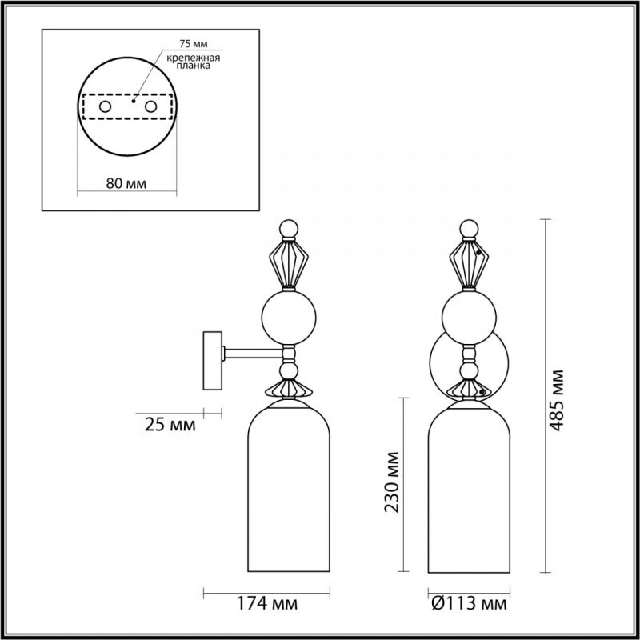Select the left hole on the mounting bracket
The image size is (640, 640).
(104, 106)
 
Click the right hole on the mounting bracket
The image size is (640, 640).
(150, 106)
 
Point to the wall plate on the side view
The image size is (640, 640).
(214, 360)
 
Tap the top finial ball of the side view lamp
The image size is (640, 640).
(290, 228)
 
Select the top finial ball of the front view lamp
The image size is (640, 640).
(470, 228)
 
